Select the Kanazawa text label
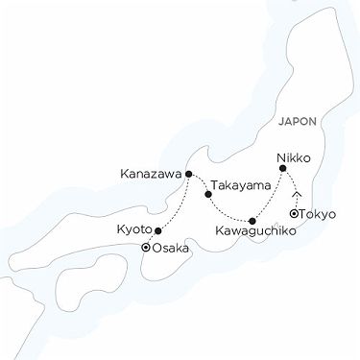pos(151,175)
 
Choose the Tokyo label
pos(319,213)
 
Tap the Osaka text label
pos(170,249)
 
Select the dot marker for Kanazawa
pos(189,174)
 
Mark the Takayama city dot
pos(208,194)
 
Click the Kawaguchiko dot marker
pos(252,221)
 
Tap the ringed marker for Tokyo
pos(294,213)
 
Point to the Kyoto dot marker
pos(157,230)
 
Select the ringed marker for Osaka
pos(145,248)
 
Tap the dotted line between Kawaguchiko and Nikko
pos(269,194)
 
